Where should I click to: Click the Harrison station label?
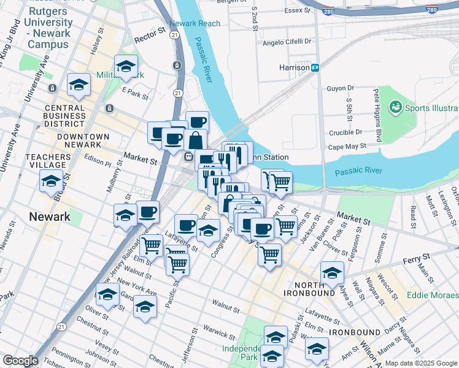coord(293,67)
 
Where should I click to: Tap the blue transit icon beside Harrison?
coord(315,67)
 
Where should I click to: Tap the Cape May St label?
coord(347,147)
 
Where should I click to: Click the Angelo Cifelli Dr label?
coord(287,42)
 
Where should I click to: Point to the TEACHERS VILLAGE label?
coord(45,161)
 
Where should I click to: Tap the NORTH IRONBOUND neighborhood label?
coord(315,289)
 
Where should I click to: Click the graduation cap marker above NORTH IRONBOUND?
coord(332,273)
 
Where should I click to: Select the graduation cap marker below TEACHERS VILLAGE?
coord(51,181)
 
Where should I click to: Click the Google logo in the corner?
coord(20,361)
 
